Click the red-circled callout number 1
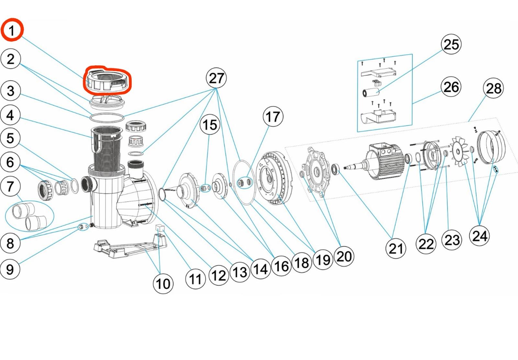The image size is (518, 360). pos(12,30)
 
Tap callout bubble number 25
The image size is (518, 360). pos(451,44)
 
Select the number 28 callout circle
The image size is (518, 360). pos(493,88)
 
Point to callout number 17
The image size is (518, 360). pos(273,117)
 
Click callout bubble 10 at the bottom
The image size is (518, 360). pos(163,284)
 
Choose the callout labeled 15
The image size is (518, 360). pos(210,125)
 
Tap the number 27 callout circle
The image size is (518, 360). pos(216,78)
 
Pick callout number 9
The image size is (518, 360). pos(10,269)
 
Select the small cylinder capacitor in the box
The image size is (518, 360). pos(371,92)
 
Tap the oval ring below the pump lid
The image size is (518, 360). pos(107,117)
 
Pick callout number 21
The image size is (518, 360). pos(396,249)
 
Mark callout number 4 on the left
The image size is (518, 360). pos(10,115)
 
